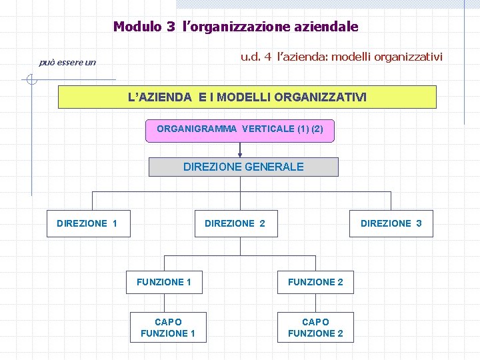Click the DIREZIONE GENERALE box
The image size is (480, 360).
point(243,167)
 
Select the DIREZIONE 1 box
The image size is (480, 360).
point(87,223)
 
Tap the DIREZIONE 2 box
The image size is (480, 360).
point(235,223)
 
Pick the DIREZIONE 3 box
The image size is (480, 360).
point(391,223)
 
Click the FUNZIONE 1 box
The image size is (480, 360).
point(164,282)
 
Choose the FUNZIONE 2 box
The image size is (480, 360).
point(315,282)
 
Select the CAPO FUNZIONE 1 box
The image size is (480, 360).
point(168,327)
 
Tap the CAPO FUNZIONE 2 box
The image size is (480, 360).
point(315,327)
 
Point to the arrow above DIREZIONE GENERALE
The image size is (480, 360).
point(240,151)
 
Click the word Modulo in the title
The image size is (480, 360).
point(137,27)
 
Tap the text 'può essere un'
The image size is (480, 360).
point(67,63)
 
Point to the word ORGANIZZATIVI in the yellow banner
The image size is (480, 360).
point(325,97)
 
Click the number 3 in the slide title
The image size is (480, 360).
point(171,27)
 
